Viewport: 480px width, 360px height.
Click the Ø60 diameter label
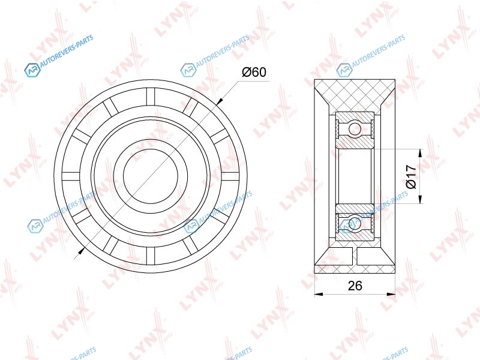coord(254,72)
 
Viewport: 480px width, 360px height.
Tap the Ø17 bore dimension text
coord(410,176)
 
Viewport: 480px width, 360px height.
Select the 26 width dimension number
coord(355,286)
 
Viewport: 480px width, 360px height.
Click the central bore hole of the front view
coord(151,176)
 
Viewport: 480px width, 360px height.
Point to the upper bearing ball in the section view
coord(355,127)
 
